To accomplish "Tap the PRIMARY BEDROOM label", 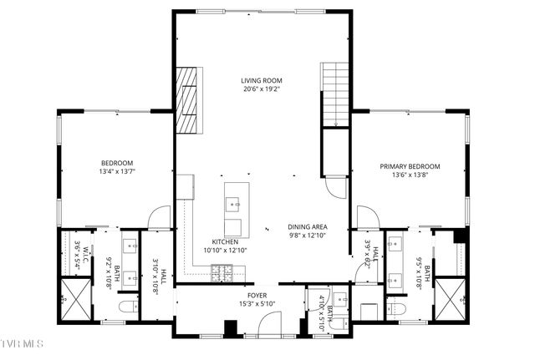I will [x=410, y=166].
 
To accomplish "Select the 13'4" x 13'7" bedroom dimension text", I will [x=118, y=171].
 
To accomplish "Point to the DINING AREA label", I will [x=307, y=226].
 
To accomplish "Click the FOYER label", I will [x=256, y=294].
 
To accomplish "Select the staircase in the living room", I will [x=336, y=97].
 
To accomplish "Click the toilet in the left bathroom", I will [x=125, y=307].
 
